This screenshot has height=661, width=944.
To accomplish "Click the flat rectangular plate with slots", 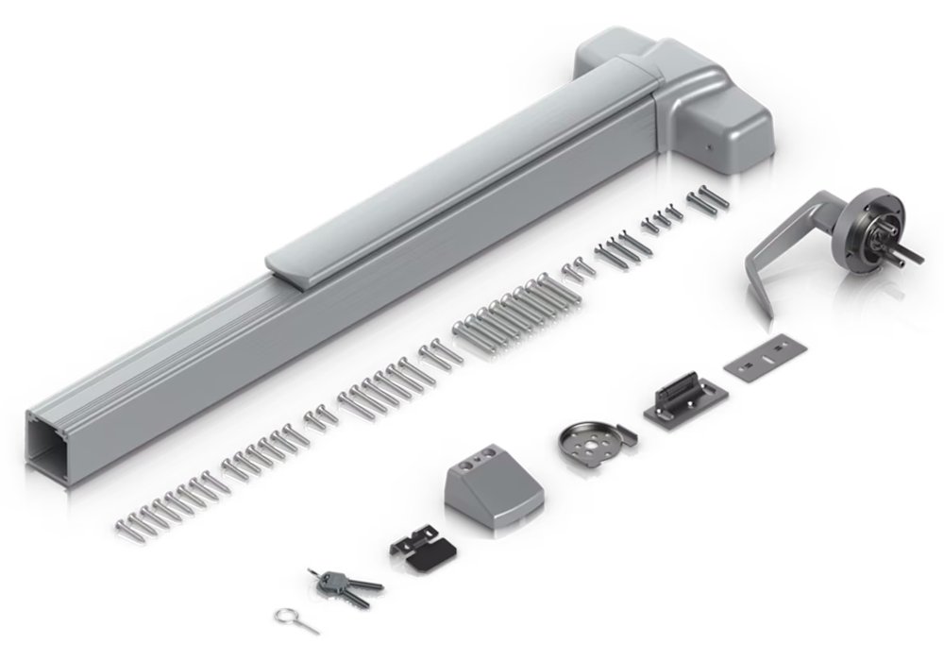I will pos(762,362).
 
